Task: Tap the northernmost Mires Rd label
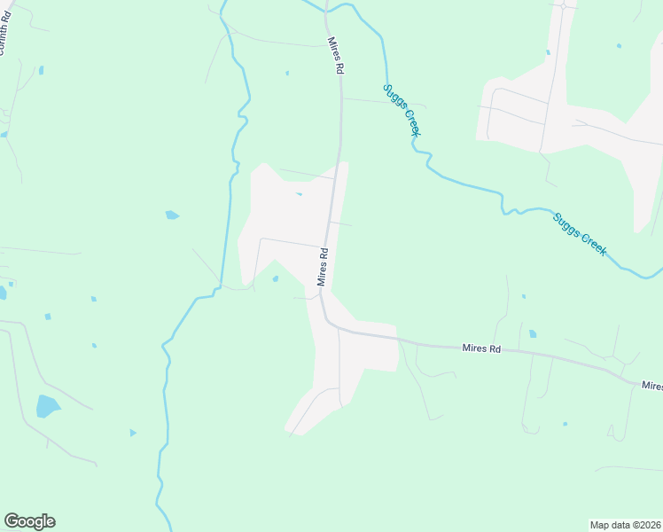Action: [x=334, y=56]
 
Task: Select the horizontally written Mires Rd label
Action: [x=481, y=349]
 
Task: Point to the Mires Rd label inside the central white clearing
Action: [x=324, y=266]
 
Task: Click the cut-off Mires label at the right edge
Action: [x=652, y=386]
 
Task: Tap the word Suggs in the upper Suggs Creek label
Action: [x=393, y=98]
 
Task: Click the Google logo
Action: [x=29, y=521]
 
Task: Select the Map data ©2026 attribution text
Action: [x=626, y=525]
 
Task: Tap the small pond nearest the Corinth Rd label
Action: [x=41, y=70]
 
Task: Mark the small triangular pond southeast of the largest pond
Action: [x=133, y=433]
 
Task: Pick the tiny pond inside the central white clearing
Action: [x=299, y=194]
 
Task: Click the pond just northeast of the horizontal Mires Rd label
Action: [x=532, y=334]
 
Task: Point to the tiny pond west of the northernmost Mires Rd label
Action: [x=287, y=73]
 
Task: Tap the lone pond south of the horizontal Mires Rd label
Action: [x=565, y=424]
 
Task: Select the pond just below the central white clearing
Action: [x=276, y=279]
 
